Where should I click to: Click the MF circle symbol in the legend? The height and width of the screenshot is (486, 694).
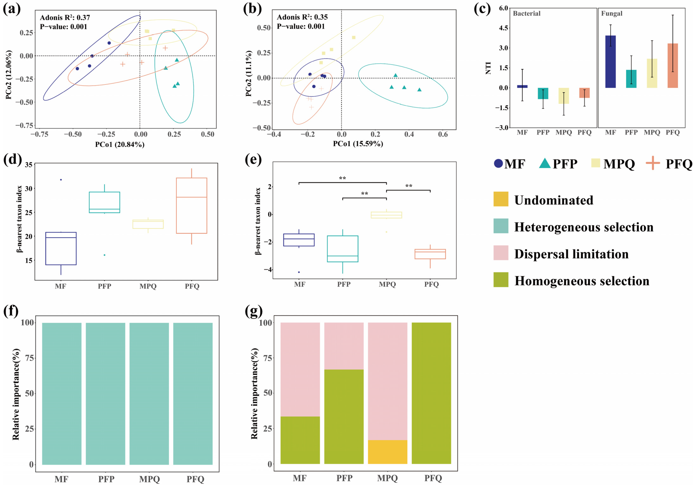click(x=498, y=163)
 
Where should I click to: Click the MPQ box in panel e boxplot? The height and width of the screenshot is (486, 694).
click(x=386, y=215)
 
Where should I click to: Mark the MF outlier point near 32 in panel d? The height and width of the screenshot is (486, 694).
click(x=61, y=180)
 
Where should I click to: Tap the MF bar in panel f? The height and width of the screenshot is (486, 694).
click(x=62, y=394)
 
